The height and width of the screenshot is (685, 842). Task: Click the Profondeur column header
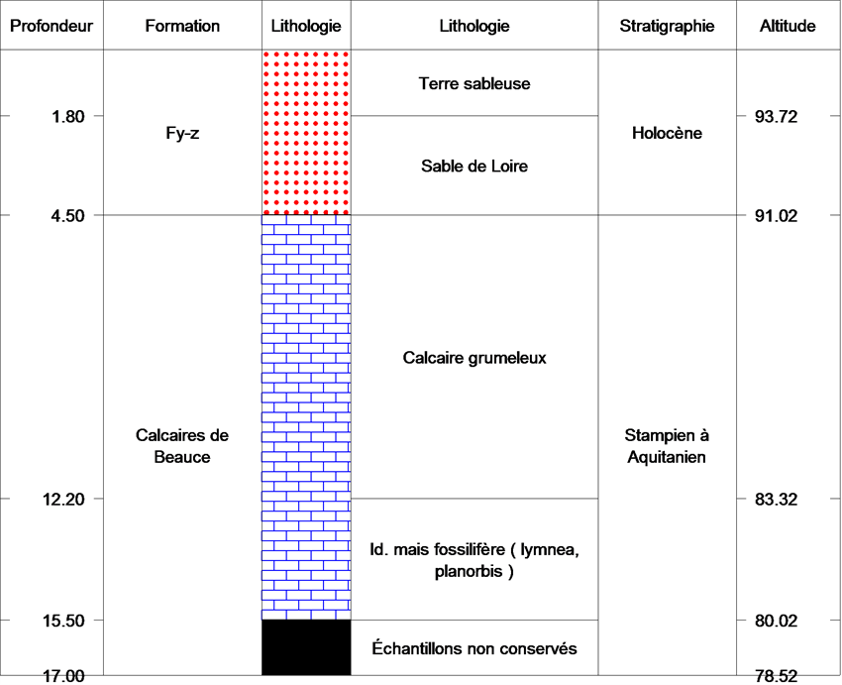pos(52,26)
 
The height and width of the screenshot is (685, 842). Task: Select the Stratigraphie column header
pos(667,26)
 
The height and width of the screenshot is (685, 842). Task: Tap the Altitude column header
pos(788,26)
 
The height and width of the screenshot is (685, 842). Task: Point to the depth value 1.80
pos(68,116)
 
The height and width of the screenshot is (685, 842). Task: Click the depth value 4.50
pos(68,216)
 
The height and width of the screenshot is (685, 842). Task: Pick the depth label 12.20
pos(64,499)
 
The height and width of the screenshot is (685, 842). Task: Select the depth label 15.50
pos(64,621)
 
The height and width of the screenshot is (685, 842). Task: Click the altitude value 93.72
pos(776,116)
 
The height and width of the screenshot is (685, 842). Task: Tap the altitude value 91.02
pos(776,216)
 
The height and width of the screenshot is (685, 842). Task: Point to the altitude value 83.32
pos(776,499)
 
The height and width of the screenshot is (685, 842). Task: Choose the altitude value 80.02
pos(776,621)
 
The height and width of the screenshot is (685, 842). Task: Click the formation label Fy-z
pos(182,133)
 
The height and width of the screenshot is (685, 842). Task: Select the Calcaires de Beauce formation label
pos(182,446)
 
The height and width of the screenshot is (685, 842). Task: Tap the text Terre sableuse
pos(474,83)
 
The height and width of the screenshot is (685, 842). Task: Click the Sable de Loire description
pos(474,166)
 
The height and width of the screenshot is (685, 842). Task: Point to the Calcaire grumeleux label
pos(474,358)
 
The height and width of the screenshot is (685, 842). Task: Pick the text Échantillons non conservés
pos(474,648)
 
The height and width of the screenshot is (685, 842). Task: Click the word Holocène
pos(667,133)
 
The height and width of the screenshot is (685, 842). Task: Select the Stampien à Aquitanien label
pos(667,446)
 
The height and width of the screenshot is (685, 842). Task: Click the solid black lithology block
pos(306,647)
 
